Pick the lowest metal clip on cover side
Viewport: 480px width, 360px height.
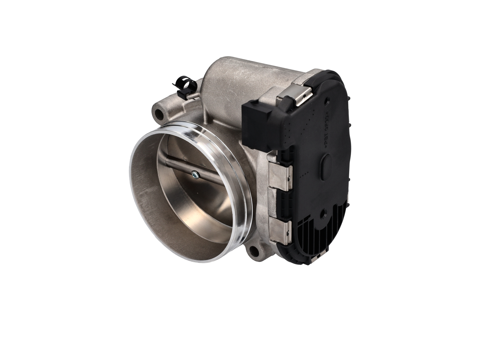(x=280, y=229)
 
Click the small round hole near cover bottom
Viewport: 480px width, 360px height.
(x=324, y=215)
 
